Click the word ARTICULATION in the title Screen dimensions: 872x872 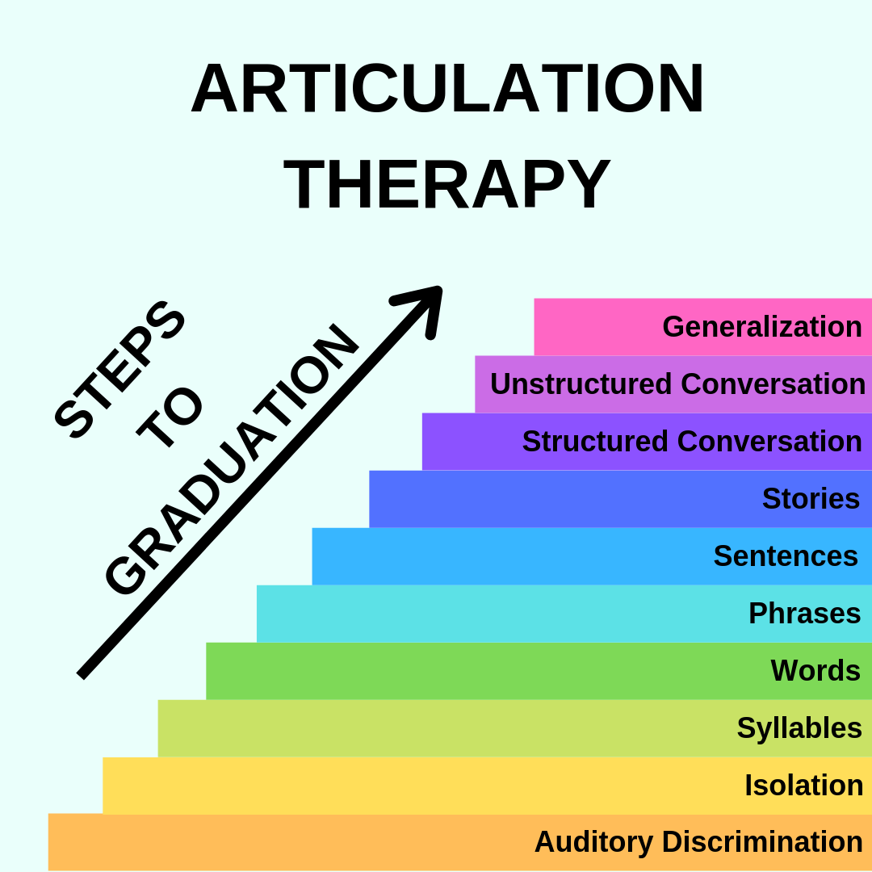coord(447,89)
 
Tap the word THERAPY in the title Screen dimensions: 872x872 coord(447,184)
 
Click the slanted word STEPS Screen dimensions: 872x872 coord(119,369)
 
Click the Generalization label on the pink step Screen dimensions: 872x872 coord(761,327)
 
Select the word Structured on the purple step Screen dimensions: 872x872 coord(595,442)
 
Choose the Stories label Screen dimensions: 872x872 coord(811,499)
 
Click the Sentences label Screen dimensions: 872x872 coord(785,556)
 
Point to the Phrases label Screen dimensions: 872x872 coord(804,614)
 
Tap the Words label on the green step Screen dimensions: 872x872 coord(815,671)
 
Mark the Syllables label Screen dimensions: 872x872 coord(799,728)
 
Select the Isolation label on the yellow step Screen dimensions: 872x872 coord(803,786)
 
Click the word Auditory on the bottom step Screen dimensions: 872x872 coord(593,842)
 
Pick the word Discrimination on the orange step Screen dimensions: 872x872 coord(762,842)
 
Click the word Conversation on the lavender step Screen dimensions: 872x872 coord(773,384)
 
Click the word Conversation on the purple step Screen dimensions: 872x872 coord(769,442)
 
